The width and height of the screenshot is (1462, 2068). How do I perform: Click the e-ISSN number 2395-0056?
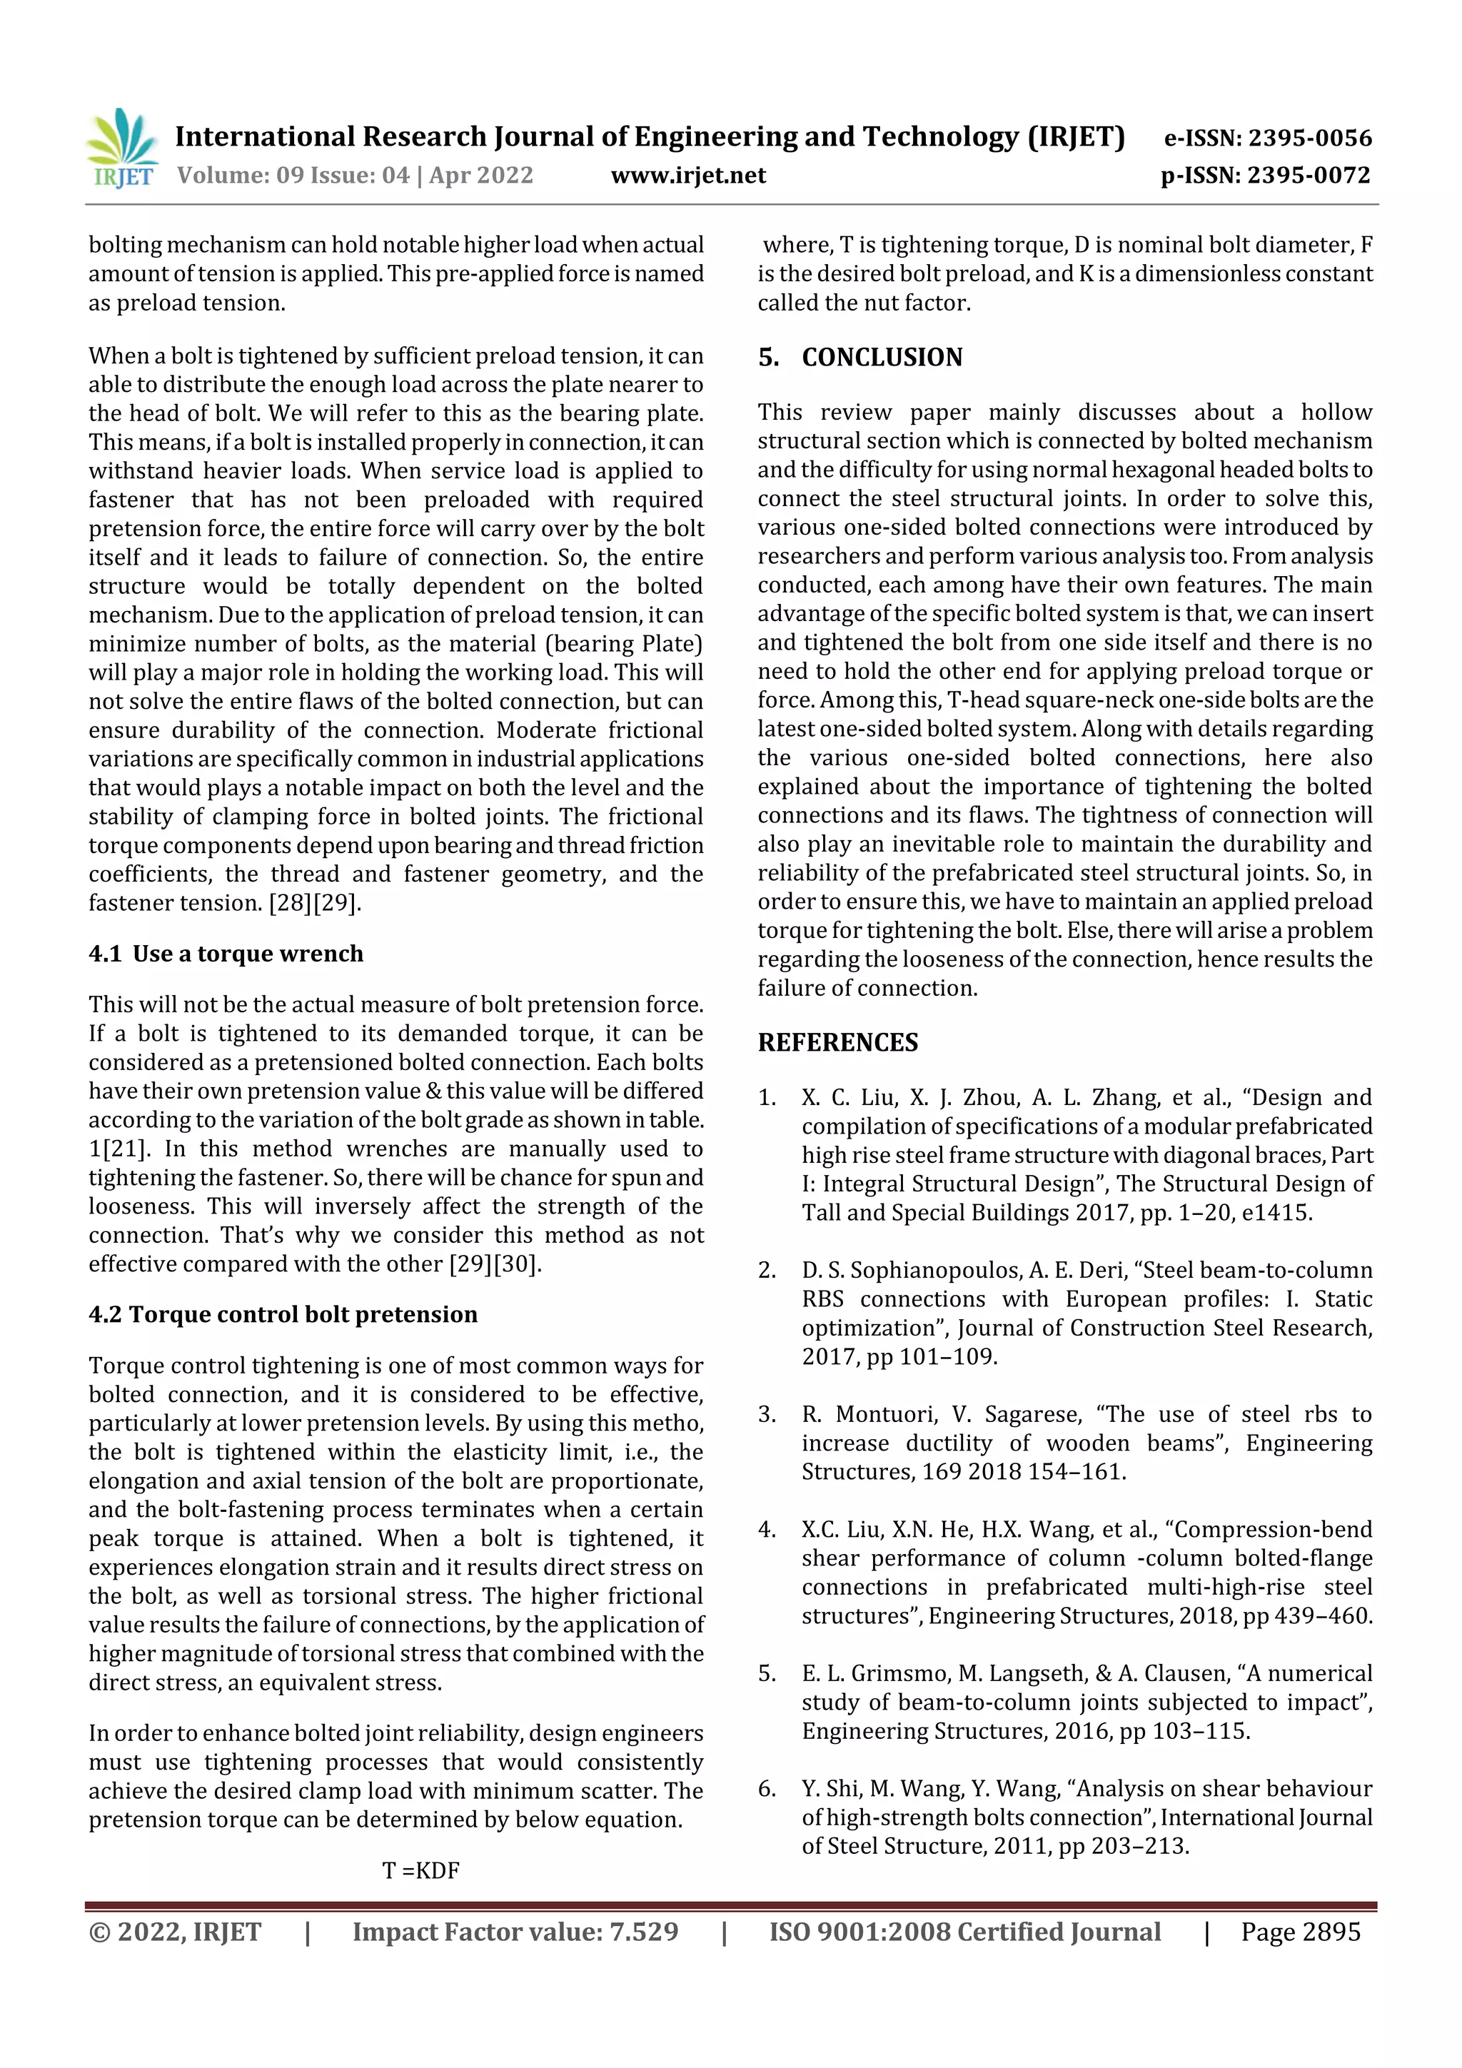1309,138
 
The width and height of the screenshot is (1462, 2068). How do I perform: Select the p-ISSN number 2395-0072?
1308,175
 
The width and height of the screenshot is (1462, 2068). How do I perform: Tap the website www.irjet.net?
688,175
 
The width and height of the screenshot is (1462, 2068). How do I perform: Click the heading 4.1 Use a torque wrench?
226,954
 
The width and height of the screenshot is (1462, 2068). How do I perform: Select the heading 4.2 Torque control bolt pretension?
283,1314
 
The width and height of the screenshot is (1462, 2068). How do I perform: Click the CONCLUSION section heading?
881,358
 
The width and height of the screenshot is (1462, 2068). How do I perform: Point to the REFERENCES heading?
838,1042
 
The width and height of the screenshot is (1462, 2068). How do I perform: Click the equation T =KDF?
420,1871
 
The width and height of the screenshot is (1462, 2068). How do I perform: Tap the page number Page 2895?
1300,1932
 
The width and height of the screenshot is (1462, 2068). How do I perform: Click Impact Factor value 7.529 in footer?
515,1932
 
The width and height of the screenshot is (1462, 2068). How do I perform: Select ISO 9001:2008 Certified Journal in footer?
964,1932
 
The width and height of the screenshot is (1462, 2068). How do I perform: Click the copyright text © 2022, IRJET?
175,1932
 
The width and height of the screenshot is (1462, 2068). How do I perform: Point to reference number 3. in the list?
767,1415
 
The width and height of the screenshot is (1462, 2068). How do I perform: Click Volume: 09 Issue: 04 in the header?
293,175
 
